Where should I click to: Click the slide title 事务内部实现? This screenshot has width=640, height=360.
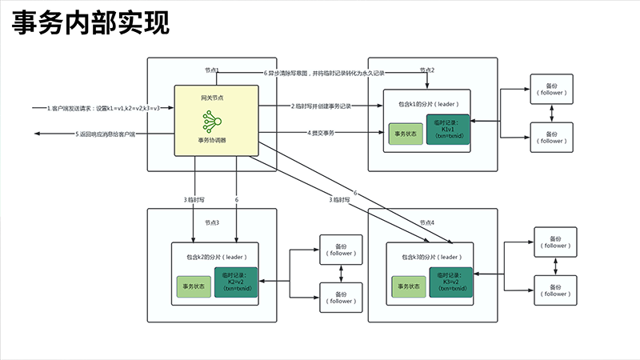click(90, 24)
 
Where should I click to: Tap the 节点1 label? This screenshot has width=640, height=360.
click(211, 70)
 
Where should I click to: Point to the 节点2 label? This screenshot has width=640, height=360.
click(427, 70)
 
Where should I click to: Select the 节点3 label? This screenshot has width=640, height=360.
click(211, 222)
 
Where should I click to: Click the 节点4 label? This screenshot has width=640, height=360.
click(427, 222)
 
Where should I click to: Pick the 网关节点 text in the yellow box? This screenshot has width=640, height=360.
click(212, 97)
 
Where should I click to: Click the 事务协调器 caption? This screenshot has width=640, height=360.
click(212, 140)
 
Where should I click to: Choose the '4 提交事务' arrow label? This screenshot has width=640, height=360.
click(321, 132)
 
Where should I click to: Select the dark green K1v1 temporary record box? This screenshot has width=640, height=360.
click(449, 130)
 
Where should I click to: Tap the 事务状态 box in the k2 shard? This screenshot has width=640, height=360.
click(194, 286)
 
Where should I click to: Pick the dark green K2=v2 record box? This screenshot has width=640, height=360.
click(236, 282)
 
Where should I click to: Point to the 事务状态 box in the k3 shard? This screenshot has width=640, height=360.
click(408, 286)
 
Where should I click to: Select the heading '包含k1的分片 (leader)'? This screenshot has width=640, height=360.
click(427, 104)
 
